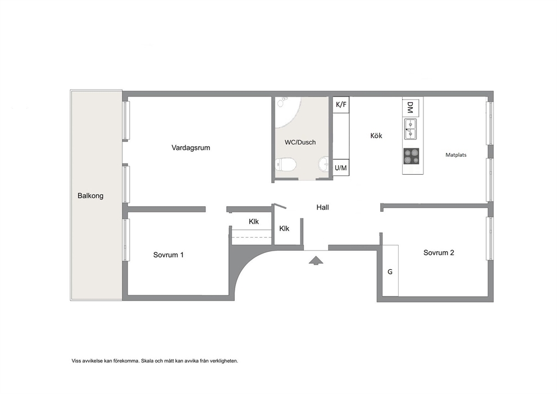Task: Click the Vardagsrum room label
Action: (x=191, y=148)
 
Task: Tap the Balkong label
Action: (x=90, y=196)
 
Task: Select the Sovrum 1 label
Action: (x=168, y=255)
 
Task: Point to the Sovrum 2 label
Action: (x=439, y=253)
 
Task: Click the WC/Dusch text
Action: (x=300, y=142)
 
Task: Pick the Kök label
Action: (x=376, y=135)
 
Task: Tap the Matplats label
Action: (x=456, y=155)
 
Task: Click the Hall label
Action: (x=322, y=207)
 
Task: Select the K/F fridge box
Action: (x=341, y=105)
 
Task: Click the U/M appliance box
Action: (x=341, y=168)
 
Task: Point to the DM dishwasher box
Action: (x=410, y=107)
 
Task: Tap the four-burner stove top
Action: (x=412, y=156)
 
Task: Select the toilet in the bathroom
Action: (x=286, y=165)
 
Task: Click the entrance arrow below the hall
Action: (x=316, y=261)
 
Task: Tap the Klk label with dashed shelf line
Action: (x=254, y=221)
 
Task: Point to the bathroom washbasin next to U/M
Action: (x=323, y=164)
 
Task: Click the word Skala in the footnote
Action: (x=147, y=361)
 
